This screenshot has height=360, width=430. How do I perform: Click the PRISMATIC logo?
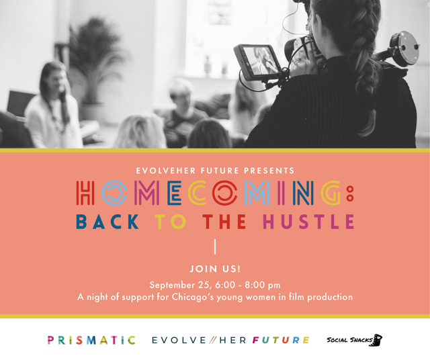[x=91, y=341]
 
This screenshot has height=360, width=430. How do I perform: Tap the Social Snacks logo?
[x=354, y=341]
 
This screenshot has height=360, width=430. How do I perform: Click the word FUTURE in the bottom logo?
[x=281, y=341]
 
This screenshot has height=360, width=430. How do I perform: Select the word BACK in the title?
[x=107, y=222]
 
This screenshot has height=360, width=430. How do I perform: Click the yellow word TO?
[x=170, y=222]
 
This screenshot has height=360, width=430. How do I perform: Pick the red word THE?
[x=224, y=222]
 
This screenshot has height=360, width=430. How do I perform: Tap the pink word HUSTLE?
[x=308, y=222]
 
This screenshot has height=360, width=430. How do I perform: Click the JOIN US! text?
[x=215, y=269]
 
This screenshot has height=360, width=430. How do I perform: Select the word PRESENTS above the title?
[x=269, y=171]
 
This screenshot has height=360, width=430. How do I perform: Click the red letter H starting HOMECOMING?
[x=85, y=193]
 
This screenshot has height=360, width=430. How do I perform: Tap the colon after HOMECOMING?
[x=350, y=193]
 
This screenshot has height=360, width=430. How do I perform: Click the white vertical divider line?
[x=215, y=246]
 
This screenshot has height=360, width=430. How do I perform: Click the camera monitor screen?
[x=259, y=61]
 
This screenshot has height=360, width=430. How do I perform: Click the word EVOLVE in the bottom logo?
[x=179, y=341]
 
